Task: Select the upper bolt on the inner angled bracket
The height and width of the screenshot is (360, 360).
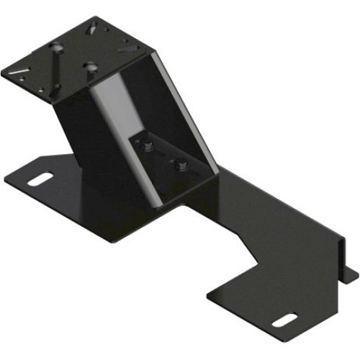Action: coord(148,149)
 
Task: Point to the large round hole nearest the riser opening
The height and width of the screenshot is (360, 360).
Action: coord(89,66)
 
